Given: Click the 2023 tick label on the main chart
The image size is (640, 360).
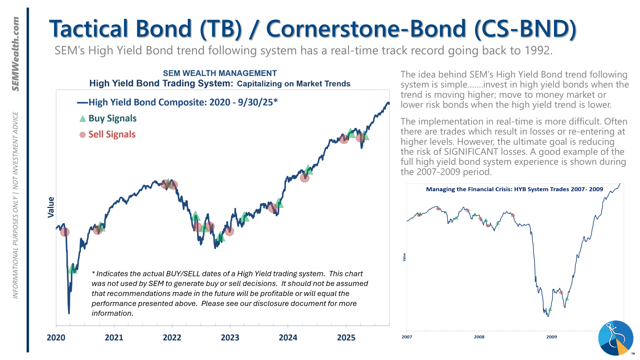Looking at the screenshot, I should coord(230,338).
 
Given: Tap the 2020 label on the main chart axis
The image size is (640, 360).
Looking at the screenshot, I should coord(56,338).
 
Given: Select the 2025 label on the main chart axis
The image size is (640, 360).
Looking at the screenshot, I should coord(346,338).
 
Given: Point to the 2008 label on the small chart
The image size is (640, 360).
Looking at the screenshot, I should coord(479,337).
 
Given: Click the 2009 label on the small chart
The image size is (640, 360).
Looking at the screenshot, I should coord(552,337).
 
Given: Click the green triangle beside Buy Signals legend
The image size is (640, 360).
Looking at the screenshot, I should coord(82,119).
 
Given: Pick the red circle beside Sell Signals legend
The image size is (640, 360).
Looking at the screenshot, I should coord(82,135).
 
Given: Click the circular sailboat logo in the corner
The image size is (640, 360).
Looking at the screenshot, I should coord(616,338).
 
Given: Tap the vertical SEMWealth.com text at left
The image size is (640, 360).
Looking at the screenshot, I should coord(16,54).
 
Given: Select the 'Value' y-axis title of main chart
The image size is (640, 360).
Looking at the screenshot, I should coord(51,207).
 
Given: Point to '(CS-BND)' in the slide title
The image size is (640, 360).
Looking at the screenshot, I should coord(525,29).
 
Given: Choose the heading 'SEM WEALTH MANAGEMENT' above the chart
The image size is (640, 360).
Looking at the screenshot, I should coord(220,73).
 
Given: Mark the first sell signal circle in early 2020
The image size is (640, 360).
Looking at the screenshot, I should coord(64,232).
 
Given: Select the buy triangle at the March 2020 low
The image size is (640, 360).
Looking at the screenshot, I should coord(72,268).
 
